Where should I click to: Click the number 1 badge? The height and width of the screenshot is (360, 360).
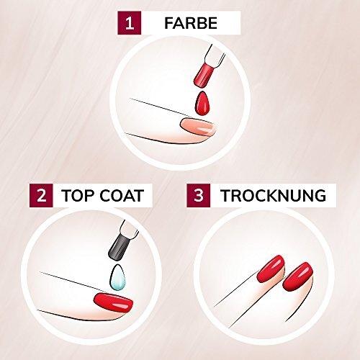point(130,23)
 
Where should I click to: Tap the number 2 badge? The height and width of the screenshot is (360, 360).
point(41,195)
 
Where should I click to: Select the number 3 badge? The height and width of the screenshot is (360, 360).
point(199,195)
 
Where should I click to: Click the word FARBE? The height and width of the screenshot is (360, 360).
point(191,23)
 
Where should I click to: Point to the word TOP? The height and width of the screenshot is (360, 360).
point(78,195)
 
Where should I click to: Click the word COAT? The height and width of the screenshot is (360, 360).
point(122,195)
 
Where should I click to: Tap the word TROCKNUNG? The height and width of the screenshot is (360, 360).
point(274,196)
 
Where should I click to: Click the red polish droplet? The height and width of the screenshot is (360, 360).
point(202,104)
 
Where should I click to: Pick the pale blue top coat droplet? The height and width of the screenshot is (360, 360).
point(117,278)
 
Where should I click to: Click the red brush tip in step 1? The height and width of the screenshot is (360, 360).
point(204,74)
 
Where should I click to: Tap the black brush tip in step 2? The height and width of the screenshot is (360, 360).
point(118,248)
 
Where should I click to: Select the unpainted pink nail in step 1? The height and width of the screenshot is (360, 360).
point(197,126)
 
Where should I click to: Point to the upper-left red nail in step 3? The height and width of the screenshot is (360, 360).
point(271,268)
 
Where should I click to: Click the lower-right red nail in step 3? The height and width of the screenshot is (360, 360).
point(297,276)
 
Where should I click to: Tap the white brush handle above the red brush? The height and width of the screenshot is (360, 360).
point(215,55)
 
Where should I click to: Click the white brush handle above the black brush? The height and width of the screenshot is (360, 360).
point(129,230)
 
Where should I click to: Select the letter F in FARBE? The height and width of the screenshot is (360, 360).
point(169,23)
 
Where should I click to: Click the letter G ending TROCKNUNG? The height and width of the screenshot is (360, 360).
point(320,196)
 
